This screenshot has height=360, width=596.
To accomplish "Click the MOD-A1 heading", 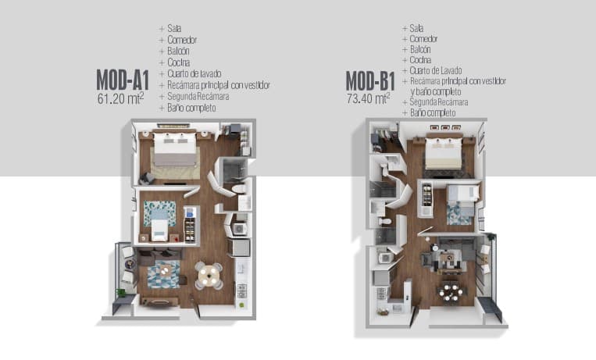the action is click(x=123, y=80).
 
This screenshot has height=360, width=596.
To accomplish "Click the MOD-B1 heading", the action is click(x=370, y=81).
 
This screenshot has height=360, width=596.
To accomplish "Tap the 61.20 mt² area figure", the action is click(x=120, y=98).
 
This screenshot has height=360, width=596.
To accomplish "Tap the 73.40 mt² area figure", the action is click(x=369, y=98).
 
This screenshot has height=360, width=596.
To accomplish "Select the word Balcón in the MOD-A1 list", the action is click(x=178, y=51).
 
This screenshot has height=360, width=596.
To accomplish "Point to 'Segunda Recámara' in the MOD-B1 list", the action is click(x=439, y=102).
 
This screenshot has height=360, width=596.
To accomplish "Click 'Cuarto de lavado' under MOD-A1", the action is click(x=195, y=73).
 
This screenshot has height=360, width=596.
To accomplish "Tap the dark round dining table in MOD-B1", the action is click(x=451, y=292).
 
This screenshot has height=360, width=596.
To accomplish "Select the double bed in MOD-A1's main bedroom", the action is click(x=176, y=149).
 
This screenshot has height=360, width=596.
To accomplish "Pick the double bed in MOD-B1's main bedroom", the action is click(x=444, y=153).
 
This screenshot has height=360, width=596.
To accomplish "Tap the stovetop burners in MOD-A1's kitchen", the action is click(x=242, y=291).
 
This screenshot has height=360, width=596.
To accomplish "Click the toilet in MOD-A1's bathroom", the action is click(x=240, y=189).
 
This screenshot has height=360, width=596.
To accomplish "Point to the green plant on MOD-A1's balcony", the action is click(x=121, y=293).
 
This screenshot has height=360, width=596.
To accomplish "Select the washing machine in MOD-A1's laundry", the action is click(x=240, y=229).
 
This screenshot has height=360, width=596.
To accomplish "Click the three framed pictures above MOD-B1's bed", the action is click(x=444, y=127).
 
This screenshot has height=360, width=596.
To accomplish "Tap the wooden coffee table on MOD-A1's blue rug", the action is click(x=165, y=271).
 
